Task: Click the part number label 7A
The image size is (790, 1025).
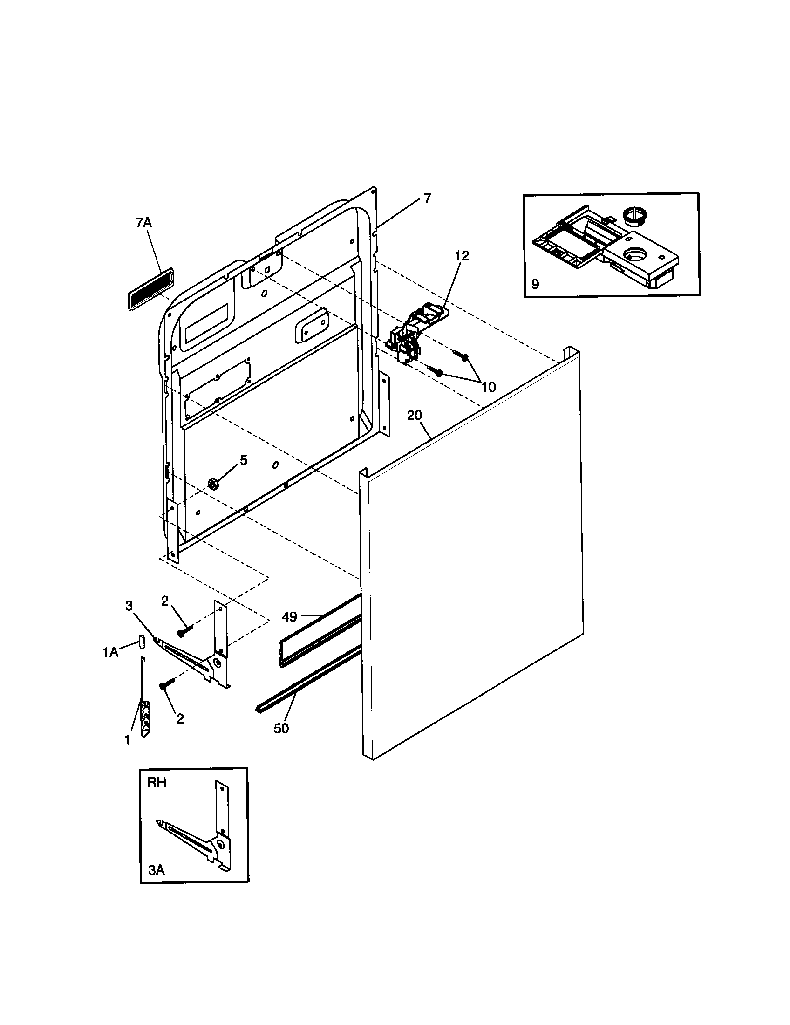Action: [x=144, y=223]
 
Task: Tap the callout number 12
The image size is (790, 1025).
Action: [x=462, y=256]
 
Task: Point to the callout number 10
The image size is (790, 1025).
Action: [x=488, y=387]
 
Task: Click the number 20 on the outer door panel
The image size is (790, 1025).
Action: [x=414, y=415]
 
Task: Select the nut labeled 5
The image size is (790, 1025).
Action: [x=211, y=484]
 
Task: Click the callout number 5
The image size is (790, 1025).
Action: [x=244, y=460]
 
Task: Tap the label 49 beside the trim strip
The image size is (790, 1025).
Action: [x=289, y=617]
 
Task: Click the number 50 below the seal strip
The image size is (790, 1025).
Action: [x=281, y=728]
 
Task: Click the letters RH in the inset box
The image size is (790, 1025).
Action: [x=157, y=783]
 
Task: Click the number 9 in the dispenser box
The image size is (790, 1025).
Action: [x=535, y=284]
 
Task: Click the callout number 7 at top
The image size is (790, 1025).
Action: [x=427, y=198]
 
